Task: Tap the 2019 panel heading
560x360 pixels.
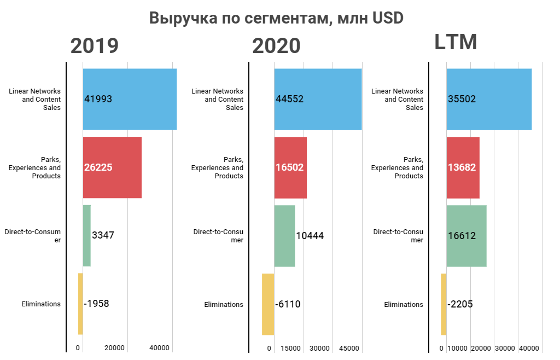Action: [x=95, y=46]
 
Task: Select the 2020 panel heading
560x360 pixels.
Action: [x=276, y=46]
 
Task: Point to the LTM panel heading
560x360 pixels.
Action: [x=456, y=42]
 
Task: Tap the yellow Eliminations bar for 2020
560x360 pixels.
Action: [x=268, y=304]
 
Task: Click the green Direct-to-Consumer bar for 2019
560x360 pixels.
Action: [x=86, y=235]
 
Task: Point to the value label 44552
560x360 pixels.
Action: [x=290, y=99]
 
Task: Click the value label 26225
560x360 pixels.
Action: [x=98, y=167]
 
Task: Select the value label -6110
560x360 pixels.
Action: [x=288, y=304]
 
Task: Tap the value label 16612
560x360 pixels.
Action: [x=462, y=236]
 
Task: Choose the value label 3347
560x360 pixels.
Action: [x=103, y=235]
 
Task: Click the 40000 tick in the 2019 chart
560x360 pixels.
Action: [x=160, y=348]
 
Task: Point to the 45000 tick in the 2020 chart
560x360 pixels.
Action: [x=349, y=348]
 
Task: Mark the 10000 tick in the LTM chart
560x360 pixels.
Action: [x=457, y=348]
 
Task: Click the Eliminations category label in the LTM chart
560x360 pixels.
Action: [x=404, y=304]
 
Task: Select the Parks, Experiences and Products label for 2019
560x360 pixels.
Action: [x=34, y=167]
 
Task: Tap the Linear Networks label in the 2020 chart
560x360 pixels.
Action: [x=217, y=99]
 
